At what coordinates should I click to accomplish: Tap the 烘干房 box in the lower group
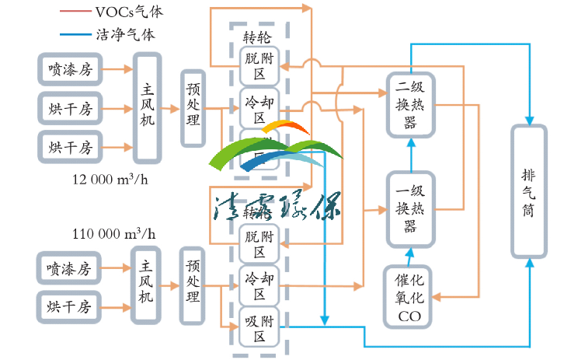click(x=69, y=306)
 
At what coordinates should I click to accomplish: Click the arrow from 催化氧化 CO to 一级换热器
click(x=410, y=255)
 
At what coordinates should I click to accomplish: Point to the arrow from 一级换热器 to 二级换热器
click(x=410, y=153)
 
